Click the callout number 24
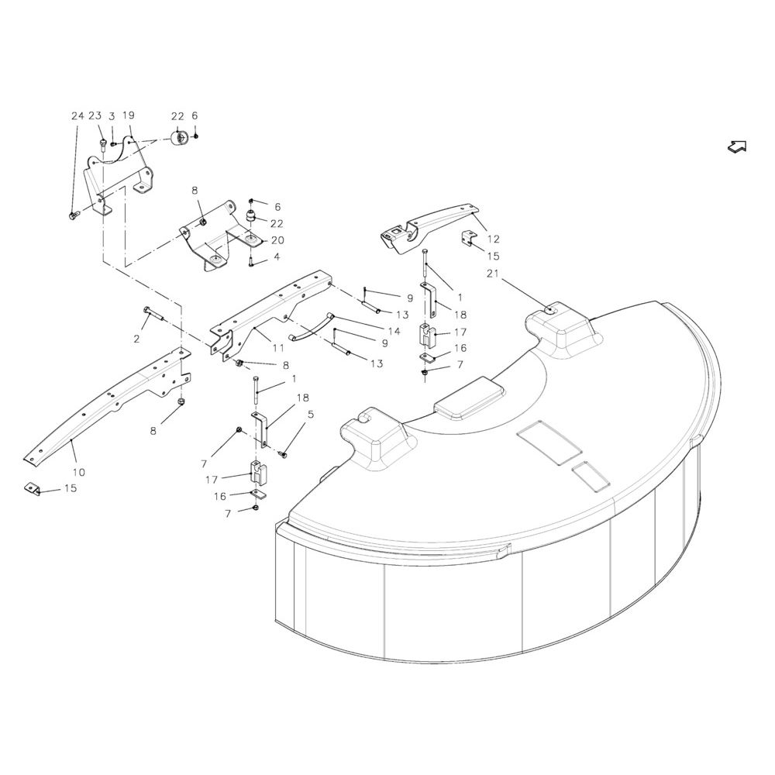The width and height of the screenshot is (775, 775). (x=77, y=116)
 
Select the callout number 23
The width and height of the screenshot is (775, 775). (x=95, y=115)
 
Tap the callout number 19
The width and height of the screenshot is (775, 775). (x=128, y=115)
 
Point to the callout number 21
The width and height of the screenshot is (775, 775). (x=492, y=274)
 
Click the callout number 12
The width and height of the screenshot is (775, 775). (x=493, y=239)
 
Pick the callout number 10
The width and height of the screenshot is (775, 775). (x=78, y=472)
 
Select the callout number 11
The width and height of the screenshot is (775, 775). (x=278, y=347)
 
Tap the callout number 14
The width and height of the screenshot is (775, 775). (x=394, y=331)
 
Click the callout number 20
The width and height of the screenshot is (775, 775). (x=277, y=240)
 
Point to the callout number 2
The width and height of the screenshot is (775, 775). (x=136, y=339)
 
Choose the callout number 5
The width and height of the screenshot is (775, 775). (x=311, y=414)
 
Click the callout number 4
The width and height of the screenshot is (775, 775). (x=277, y=257)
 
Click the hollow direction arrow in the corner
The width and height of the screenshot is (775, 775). (x=737, y=146)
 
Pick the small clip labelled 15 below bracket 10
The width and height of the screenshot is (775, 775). (x=32, y=488)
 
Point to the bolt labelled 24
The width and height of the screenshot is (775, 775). (x=74, y=215)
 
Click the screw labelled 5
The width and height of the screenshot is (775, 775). (x=284, y=453)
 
